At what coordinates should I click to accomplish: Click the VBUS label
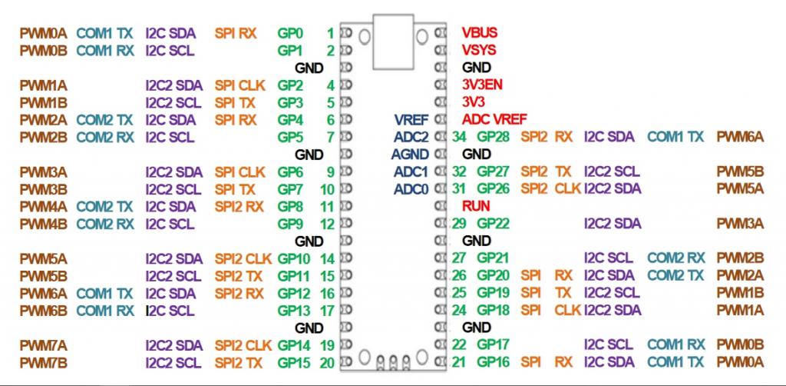[479, 33]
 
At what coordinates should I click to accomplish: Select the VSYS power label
[479, 50]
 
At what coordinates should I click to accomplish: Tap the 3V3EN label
[482, 85]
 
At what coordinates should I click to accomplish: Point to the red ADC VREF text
[494, 119]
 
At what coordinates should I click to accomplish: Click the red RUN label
[475, 206]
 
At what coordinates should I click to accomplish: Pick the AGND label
[410, 154]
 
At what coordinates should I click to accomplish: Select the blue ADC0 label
[411, 188]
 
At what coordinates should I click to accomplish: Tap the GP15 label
[293, 362]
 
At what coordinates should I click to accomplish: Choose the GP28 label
[492, 137]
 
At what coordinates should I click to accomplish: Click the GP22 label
[492, 224]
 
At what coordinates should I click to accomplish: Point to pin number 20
[327, 362]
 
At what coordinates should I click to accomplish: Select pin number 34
[459, 137]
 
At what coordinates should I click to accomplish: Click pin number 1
[330, 33]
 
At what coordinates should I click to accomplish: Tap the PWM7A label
[44, 345]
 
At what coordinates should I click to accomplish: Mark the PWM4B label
[44, 224]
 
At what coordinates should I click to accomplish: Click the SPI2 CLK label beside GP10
[243, 258]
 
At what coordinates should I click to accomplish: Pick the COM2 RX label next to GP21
[675, 258]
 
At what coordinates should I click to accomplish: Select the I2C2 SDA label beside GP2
[174, 85]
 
